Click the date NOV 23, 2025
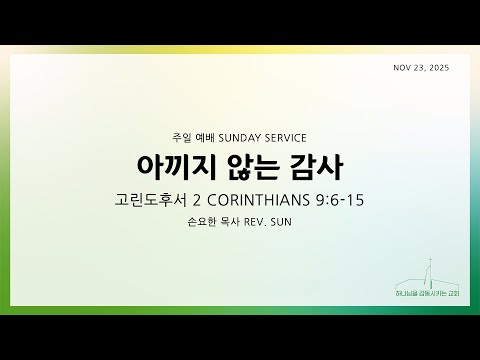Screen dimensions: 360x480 [x=432, y=68]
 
